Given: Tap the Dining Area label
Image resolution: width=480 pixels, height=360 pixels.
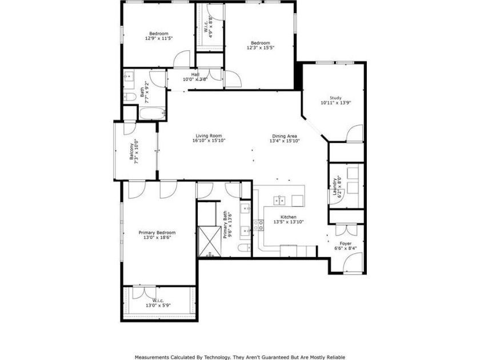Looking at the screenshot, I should tap(284, 135).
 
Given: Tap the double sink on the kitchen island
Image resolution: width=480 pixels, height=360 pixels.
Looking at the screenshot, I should tap(281, 201).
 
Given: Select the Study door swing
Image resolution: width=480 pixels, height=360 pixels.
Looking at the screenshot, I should tap(354, 134).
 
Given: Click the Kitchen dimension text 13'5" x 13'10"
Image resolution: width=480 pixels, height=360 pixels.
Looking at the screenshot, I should tap(285, 222).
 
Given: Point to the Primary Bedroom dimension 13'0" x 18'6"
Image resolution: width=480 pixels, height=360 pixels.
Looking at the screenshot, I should tap(157, 238).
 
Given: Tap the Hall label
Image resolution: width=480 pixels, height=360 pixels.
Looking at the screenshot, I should tap(195, 74).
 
